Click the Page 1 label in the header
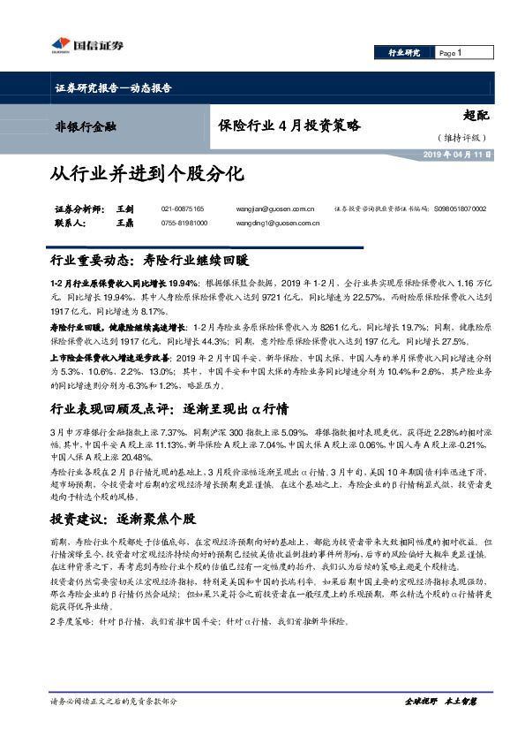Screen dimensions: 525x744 452,53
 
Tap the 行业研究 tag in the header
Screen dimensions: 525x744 405,53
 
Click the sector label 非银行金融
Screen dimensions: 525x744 86,126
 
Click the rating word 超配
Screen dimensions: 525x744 475,114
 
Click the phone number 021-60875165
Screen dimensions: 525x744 183,209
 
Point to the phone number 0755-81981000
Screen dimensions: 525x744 184,224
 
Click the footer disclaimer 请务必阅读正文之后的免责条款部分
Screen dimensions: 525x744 114,701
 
